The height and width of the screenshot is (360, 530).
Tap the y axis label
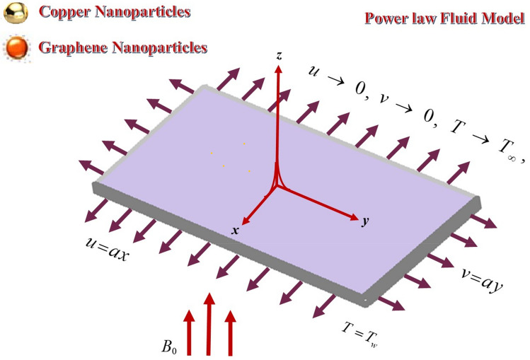[365, 221]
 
